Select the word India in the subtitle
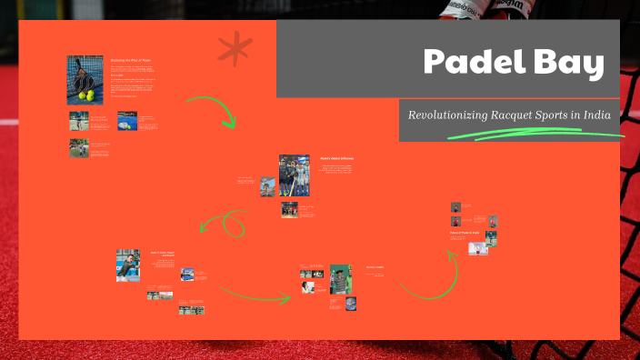tap(593, 115)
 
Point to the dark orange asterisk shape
tap(234, 49)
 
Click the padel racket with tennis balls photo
tap(85, 80)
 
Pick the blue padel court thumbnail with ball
tap(127, 119)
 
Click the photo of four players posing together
tap(294, 175)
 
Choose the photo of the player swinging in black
tap(128, 265)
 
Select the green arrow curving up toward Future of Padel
tap(431, 277)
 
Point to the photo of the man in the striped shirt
tap(341, 278)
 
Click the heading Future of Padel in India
tap(464, 233)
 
